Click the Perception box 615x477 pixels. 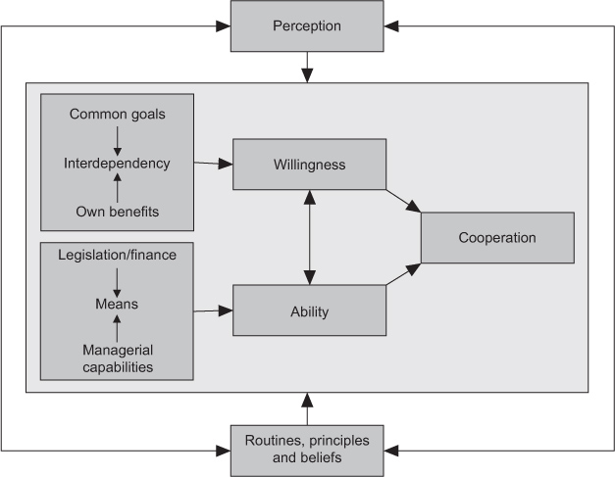point(307,26)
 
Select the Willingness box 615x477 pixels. point(309,165)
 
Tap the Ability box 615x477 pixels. point(309,312)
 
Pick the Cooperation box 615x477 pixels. point(497,238)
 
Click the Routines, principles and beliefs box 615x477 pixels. point(307,449)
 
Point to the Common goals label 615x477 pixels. point(117,115)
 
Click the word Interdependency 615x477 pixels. point(118,163)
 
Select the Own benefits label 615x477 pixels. point(117,211)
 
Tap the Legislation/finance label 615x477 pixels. point(117,255)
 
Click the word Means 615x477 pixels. point(117,304)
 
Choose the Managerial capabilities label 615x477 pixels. point(117,359)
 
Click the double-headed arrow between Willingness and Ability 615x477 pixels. point(309,238)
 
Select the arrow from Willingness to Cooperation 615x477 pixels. point(404,200)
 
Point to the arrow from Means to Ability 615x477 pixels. point(213,312)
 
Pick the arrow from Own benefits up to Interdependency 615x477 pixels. point(117,187)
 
